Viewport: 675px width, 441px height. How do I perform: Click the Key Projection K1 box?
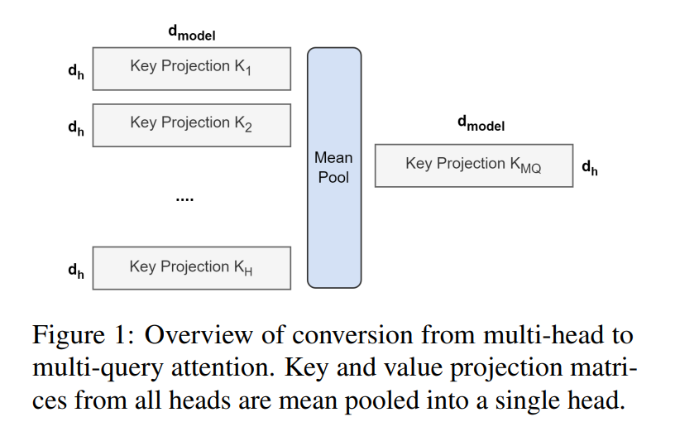191,68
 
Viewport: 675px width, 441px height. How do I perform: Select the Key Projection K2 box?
191,124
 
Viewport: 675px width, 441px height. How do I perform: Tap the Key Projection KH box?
191,267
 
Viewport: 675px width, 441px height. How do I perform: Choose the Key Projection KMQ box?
473,165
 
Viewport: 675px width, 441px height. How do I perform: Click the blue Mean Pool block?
334,167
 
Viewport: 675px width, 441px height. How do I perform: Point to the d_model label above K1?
192,35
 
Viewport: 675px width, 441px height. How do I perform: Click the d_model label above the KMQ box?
481,124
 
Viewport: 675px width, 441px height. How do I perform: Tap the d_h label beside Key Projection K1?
76,71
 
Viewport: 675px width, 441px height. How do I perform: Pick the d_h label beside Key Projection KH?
76,271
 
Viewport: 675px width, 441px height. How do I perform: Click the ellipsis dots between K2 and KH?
185,199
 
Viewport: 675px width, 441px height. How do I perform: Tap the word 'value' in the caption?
403,367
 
